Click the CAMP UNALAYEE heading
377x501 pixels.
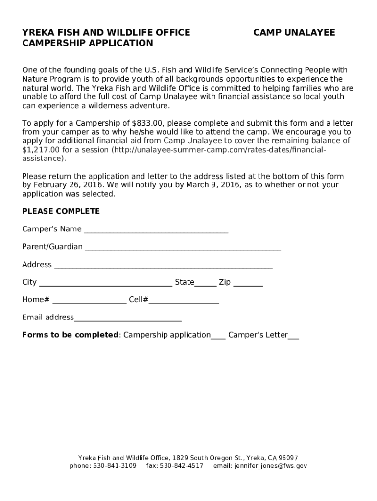pos(294,33)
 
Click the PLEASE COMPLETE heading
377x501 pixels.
pos(61,211)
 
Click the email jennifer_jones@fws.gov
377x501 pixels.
pos(270,466)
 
